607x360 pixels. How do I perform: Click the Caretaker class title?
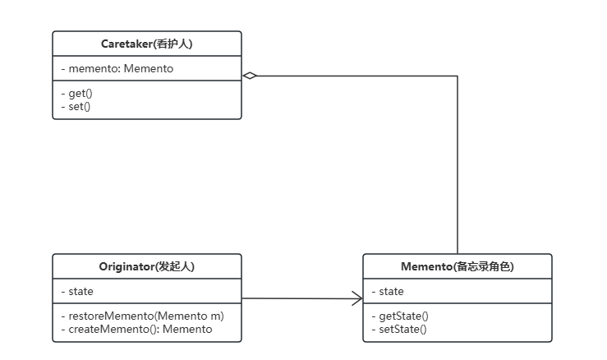pyautogui.click(x=147, y=44)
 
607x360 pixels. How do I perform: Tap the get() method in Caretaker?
pyautogui.click(x=76, y=94)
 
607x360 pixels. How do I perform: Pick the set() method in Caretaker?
pyautogui.click(x=76, y=106)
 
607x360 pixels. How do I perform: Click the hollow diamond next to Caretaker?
pyautogui.click(x=250, y=76)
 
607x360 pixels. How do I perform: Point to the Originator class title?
pyautogui.click(x=147, y=266)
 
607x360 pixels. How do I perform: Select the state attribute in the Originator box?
pyautogui.click(x=77, y=292)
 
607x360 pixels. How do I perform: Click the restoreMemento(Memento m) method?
pyautogui.click(x=142, y=316)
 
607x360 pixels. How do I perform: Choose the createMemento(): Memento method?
pyautogui.click(x=136, y=329)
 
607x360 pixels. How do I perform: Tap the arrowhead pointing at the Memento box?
pyautogui.click(x=357, y=298)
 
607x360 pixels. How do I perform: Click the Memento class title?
pyautogui.click(x=458, y=266)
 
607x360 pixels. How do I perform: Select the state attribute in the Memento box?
pyautogui.click(x=388, y=292)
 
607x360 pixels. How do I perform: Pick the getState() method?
pyautogui.click(x=400, y=316)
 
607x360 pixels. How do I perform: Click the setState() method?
pyautogui.click(x=399, y=329)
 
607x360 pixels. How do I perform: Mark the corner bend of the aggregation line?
pyautogui.click(x=458, y=76)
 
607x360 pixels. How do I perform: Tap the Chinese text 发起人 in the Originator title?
pyautogui.click(x=175, y=266)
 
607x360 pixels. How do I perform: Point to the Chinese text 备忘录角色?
pyautogui.click(x=483, y=266)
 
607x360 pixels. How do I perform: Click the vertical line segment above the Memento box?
pyautogui.click(x=458, y=164)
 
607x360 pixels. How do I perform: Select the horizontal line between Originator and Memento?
pyautogui.click(x=302, y=298)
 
